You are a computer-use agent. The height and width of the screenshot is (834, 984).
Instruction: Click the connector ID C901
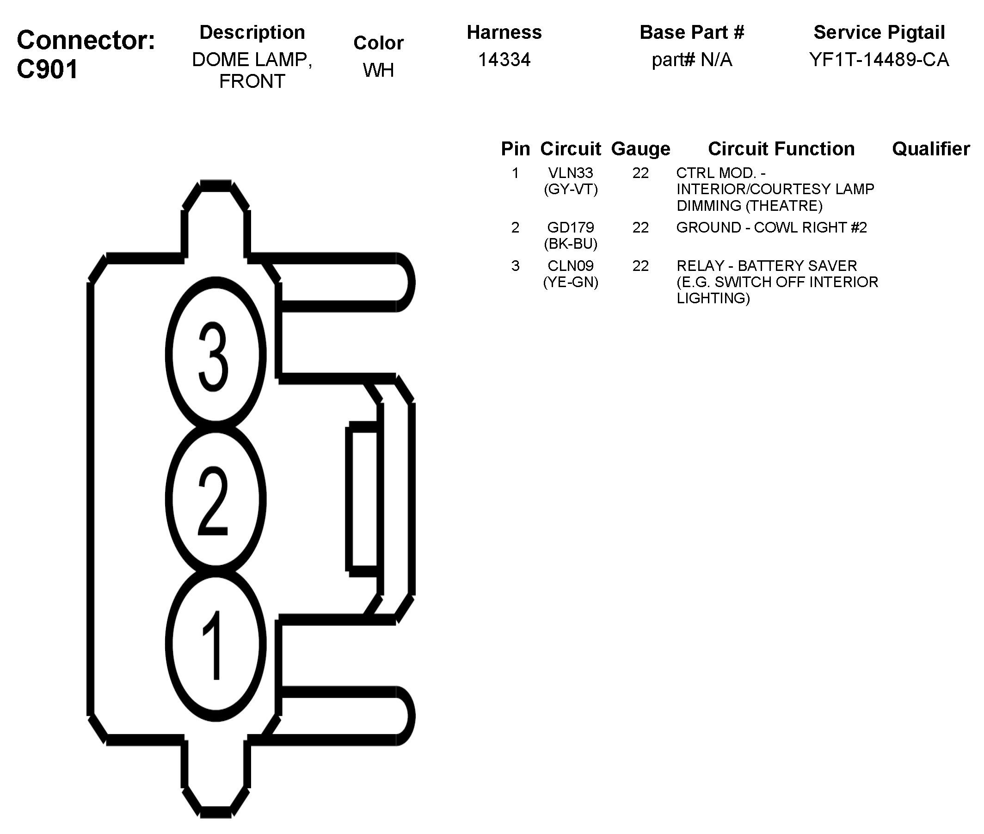47,69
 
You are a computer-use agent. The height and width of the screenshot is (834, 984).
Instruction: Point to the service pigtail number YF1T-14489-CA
879,60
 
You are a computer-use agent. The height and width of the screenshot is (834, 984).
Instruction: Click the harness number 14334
504,60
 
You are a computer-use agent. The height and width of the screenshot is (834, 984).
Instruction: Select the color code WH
378,70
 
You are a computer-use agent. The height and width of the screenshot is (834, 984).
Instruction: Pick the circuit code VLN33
570,173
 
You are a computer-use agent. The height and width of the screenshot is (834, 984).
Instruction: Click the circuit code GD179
570,227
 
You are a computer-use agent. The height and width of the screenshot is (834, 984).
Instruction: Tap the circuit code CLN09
570,266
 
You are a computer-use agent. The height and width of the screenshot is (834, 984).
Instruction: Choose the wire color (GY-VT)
571,190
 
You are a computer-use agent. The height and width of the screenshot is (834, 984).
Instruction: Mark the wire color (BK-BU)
571,244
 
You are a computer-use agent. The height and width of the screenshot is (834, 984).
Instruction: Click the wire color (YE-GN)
571,282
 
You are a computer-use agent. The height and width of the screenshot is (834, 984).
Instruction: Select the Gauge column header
640,149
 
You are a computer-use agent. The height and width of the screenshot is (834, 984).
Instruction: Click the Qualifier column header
930,149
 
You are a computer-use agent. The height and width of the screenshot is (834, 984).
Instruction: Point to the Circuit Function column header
781,149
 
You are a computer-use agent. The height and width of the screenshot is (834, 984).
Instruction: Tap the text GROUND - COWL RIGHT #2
772,227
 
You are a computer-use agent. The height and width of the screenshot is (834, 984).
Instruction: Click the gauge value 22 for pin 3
640,266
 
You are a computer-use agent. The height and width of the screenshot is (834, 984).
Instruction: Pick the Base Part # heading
692,33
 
